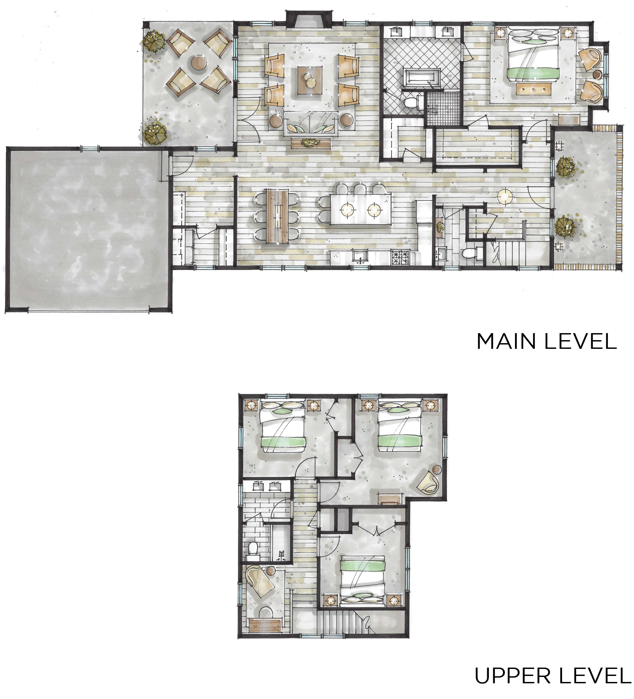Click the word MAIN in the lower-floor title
[506, 341]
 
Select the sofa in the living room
[311, 123]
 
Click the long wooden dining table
[277, 216]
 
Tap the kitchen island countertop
[360, 209]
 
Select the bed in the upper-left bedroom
[283, 426]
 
